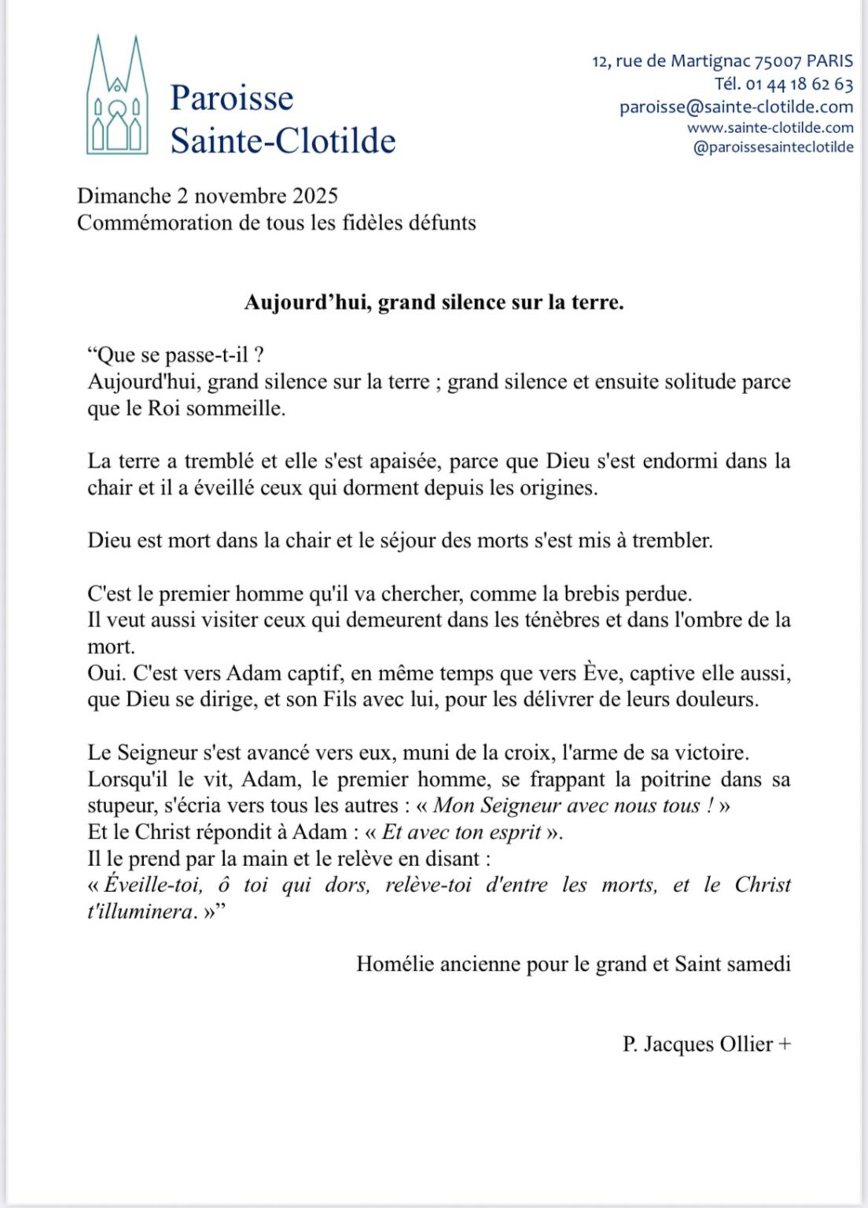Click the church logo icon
(x=117, y=95)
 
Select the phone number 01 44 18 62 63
(x=799, y=84)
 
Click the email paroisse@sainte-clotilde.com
(x=736, y=107)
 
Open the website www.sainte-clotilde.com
(x=770, y=127)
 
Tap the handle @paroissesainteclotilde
(x=773, y=147)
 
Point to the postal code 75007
(x=778, y=61)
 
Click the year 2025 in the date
(x=315, y=196)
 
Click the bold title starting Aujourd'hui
(x=434, y=303)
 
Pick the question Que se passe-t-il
(x=175, y=355)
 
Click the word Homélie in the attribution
(x=395, y=964)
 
